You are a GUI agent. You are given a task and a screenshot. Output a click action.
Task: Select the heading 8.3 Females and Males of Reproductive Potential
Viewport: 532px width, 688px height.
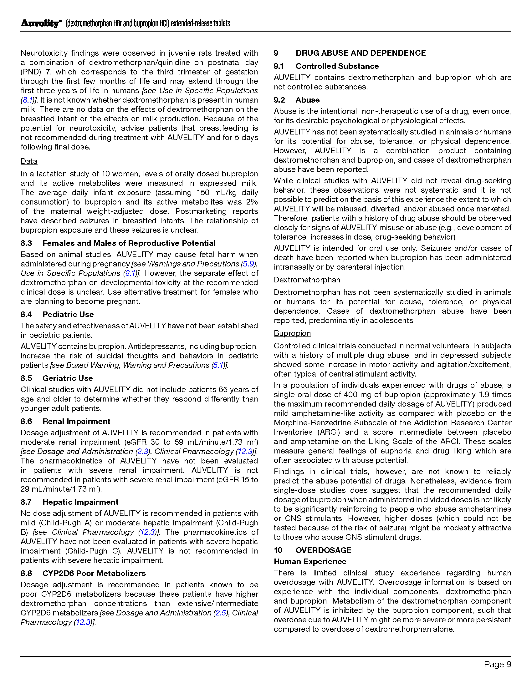[x=118, y=243]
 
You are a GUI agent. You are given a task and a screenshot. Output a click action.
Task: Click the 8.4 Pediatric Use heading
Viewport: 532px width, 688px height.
[x=57, y=314]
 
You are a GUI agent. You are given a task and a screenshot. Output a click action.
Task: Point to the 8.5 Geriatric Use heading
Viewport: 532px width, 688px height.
[x=57, y=378]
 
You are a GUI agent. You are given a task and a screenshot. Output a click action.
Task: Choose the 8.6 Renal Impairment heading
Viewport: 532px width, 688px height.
[x=65, y=422]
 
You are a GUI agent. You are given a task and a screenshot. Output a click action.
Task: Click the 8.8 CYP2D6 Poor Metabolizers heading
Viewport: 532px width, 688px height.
[x=83, y=573]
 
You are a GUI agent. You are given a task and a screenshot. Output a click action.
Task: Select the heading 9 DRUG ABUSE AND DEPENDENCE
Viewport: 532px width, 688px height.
[x=350, y=53]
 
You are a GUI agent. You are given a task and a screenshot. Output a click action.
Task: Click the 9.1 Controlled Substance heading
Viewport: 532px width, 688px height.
[x=326, y=66]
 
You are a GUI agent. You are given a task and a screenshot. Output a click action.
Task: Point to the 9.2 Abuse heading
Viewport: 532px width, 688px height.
[x=297, y=100]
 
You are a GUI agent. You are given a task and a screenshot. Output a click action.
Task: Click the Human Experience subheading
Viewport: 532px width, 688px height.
[x=310, y=561]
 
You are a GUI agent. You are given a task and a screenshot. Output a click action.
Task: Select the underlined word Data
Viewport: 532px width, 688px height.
[x=29, y=161]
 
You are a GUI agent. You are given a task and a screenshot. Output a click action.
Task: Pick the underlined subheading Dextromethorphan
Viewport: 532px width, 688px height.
[x=307, y=280]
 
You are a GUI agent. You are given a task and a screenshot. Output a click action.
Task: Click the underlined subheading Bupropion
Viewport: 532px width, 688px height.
[x=292, y=333]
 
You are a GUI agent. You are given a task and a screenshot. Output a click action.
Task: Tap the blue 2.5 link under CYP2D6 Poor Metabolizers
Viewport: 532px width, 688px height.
[x=221, y=613]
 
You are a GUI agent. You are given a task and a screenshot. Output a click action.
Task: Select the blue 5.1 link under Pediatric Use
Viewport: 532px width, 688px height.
[x=218, y=365]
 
